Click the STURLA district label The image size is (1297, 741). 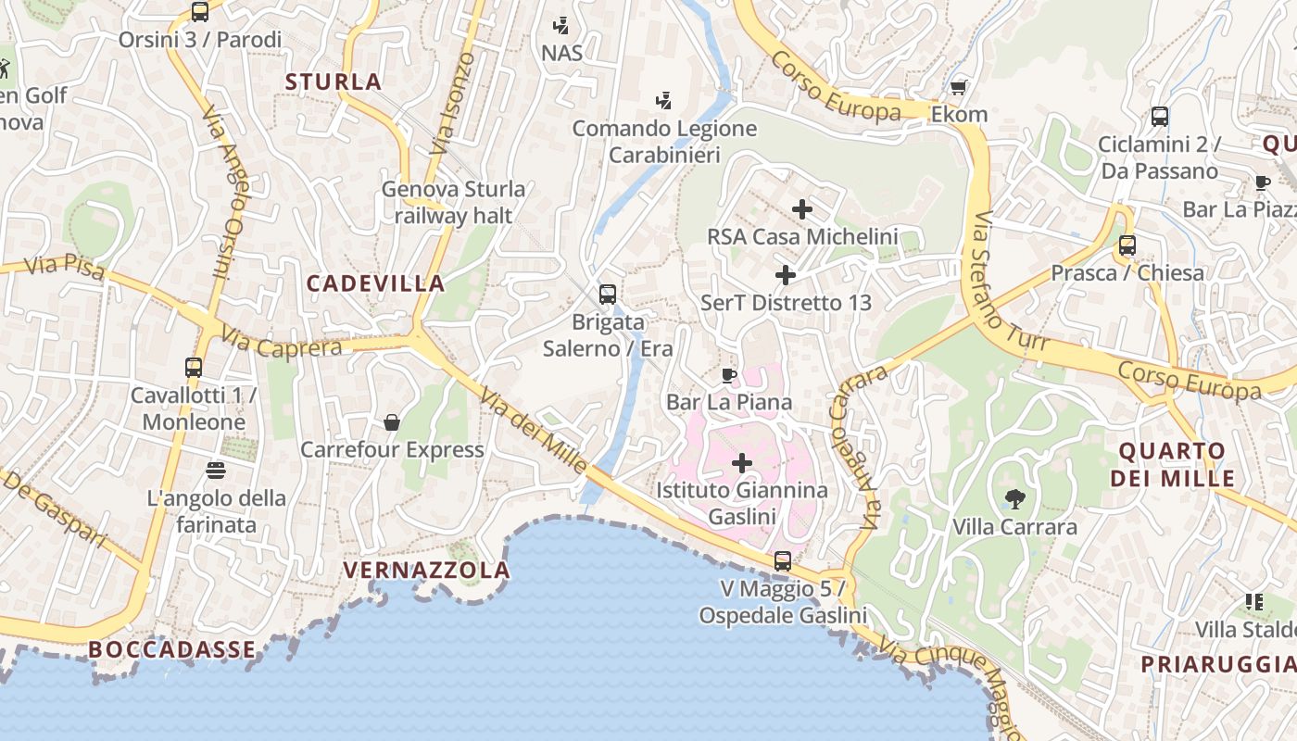coord(334,82)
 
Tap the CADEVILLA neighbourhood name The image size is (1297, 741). coord(375,283)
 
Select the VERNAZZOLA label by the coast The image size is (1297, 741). coord(426,570)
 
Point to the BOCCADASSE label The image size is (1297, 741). coord(171,649)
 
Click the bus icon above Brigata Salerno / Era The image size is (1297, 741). coord(608,295)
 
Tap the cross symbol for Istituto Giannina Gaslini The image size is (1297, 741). coord(742,462)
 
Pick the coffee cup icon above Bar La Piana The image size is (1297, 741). coord(729,375)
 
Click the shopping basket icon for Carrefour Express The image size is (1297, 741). coord(392,422)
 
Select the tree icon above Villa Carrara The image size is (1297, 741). coord(1015,499)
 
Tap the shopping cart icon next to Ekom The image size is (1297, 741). coord(959,87)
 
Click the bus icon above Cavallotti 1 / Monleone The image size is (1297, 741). coord(194,368)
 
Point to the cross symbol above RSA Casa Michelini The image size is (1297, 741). coord(802,209)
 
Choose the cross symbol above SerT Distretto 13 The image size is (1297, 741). coord(786,275)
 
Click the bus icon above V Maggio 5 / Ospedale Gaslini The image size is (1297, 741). coord(783,561)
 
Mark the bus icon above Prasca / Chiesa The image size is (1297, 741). coord(1127,245)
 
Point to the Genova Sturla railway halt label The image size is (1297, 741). coord(454,202)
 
